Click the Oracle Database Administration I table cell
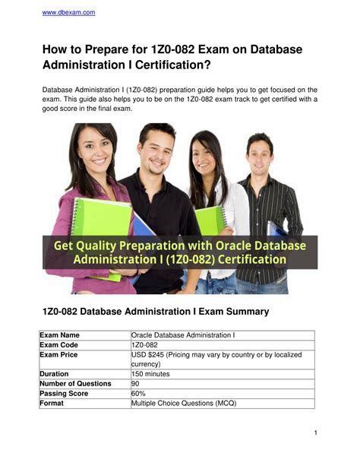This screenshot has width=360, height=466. point(183,335)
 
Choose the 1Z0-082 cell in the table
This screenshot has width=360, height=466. point(145,345)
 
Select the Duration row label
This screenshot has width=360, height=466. point(57,375)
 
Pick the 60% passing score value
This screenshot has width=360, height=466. point(138,394)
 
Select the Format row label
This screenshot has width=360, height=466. point(53,404)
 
